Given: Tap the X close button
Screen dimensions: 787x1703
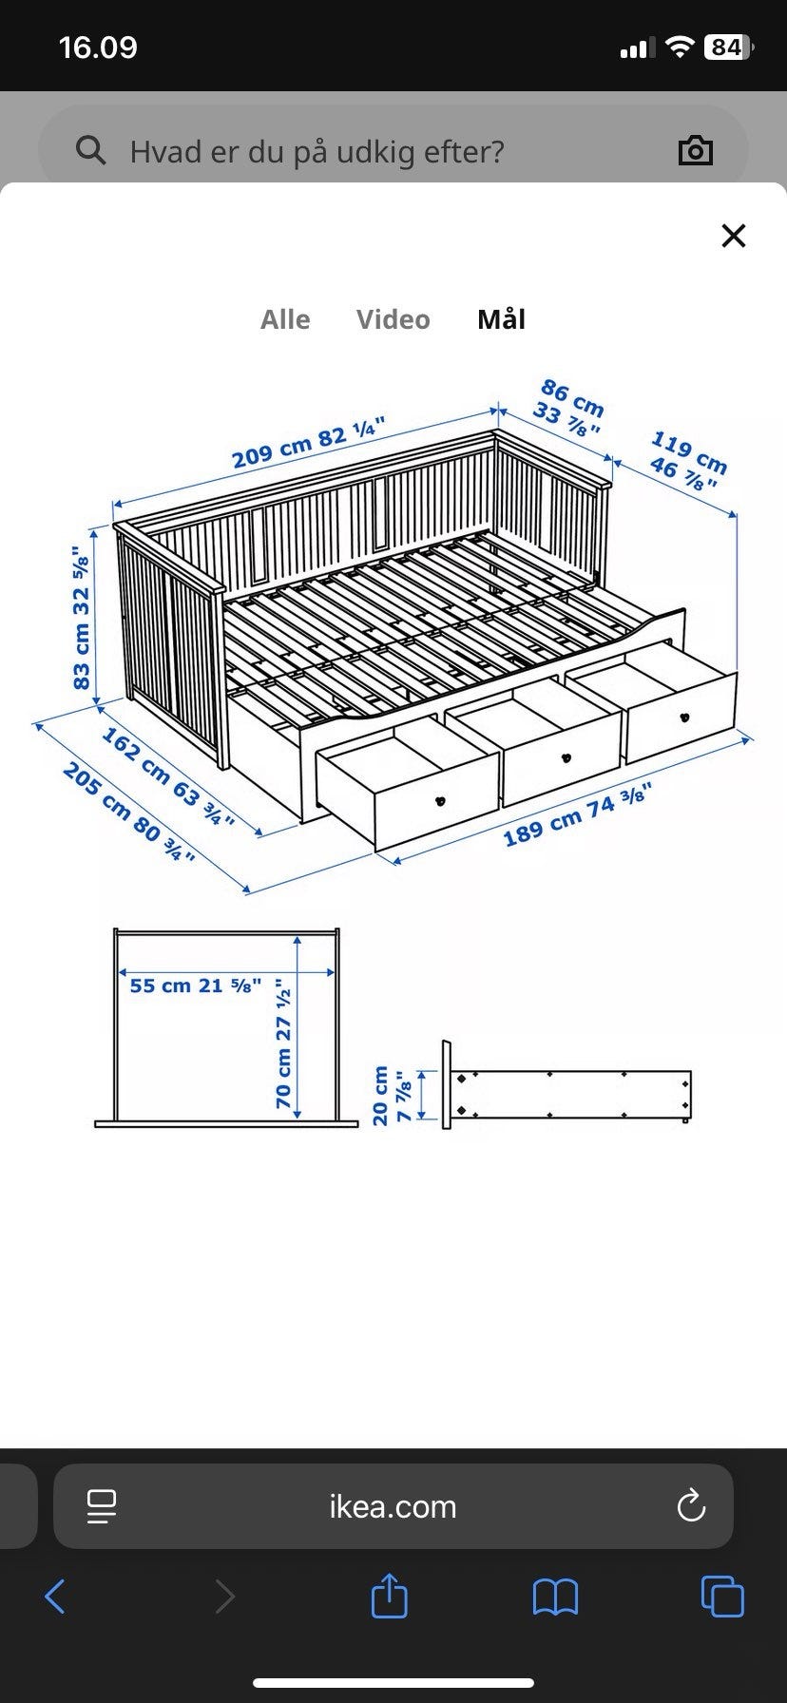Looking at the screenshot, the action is [x=734, y=236].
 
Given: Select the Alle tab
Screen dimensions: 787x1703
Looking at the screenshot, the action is [x=285, y=319].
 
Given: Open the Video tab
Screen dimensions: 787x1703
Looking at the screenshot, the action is [x=393, y=319].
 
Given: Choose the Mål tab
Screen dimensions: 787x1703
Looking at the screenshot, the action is [x=501, y=318].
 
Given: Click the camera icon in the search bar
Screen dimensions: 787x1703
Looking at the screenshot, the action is [x=695, y=150].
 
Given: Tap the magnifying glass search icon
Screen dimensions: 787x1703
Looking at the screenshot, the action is [x=90, y=150].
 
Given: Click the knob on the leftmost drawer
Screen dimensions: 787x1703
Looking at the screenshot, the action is [x=440, y=801].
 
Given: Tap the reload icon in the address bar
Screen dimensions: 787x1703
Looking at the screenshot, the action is [x=690, y=1505].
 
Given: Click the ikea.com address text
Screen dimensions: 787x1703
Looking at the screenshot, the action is [x=393, y=1506].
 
